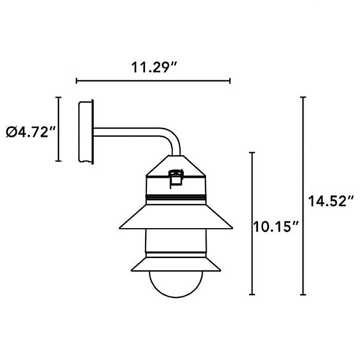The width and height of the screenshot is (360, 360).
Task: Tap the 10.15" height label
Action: tap(277, 226)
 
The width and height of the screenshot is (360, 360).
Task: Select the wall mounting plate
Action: tap(85, 132)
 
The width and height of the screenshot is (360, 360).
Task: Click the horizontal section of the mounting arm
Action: tap(127, 133)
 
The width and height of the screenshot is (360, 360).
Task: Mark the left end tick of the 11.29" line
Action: tap(76, 81)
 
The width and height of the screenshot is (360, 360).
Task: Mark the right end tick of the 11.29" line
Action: tap(230, 81)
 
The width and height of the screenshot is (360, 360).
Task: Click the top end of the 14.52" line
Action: tap(303, 97)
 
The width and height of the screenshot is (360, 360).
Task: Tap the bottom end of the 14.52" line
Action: tap(303, 295)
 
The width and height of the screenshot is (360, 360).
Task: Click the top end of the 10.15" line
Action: tap(252, 152)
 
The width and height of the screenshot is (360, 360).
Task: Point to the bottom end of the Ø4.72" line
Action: tap(58, 161)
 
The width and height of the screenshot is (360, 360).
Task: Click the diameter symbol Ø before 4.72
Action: tap(11, 132)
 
